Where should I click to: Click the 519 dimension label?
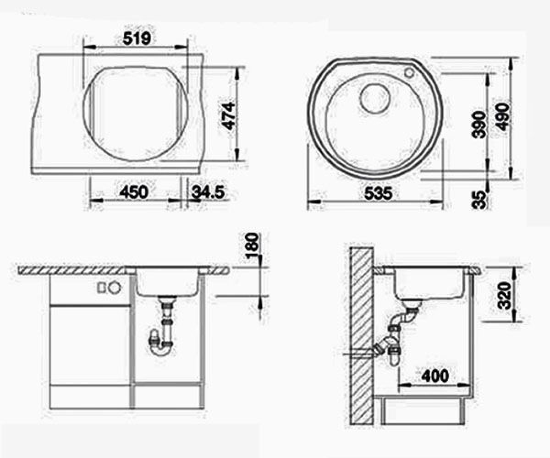coord(137,38)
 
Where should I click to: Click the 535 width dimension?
coord(378,193)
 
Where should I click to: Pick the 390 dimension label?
coord(478,124)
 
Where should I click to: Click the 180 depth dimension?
coord(252,246)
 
